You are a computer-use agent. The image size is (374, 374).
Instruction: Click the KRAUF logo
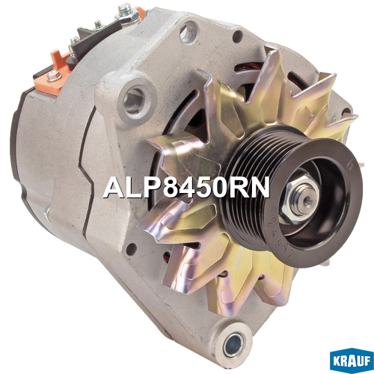click(x=352, y=362)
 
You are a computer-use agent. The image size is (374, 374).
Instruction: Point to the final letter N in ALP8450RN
click(x=260, y=188)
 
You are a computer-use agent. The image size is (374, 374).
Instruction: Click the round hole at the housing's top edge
click(x=188, y=31)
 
